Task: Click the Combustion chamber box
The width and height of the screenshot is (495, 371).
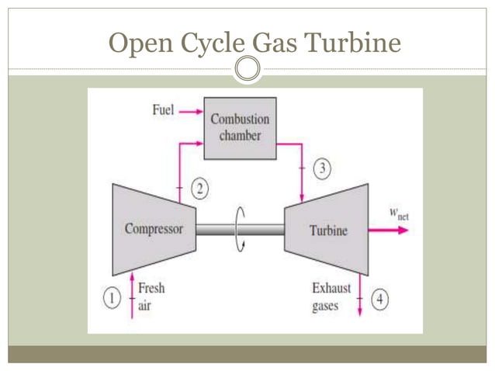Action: click(x=240, y=127)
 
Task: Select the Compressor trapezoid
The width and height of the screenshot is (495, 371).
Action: click(x=154, y=229)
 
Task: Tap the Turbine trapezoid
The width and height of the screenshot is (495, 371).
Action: click(x=327, y=230)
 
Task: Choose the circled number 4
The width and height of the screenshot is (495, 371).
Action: click(x=380, y=298)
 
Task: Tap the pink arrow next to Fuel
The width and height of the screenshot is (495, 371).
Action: click(x=189, y=112)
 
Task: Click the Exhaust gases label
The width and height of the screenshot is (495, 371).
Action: click(x=331, y=296)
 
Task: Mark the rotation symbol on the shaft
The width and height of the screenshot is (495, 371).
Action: click(x=241, y=229)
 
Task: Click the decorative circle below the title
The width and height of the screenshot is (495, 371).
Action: click(x=247, y=68)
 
